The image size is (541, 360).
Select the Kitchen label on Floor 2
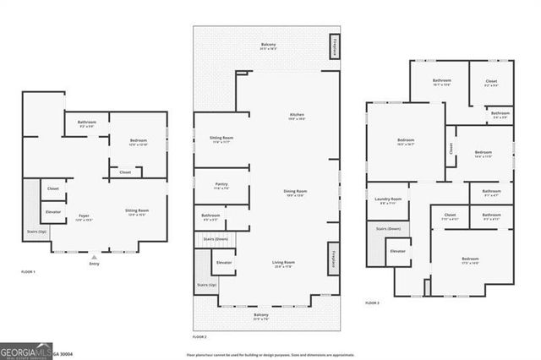tap(297, 116)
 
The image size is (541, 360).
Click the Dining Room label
tap(295, 193)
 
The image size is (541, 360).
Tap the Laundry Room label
tap(389, 200)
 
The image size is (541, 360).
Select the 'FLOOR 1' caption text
tap(29, 272)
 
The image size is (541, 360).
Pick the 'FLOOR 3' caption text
tap(373, 303)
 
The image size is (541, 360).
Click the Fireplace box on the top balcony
tap(335, 49)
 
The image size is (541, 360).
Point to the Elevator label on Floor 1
tap(52, 211)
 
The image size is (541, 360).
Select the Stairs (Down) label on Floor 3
tap(387, 228)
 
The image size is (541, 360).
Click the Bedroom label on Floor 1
tap(139, 141)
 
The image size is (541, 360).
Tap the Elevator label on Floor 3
tap(397, 251)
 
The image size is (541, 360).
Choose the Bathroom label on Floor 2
tap(210, 215)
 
